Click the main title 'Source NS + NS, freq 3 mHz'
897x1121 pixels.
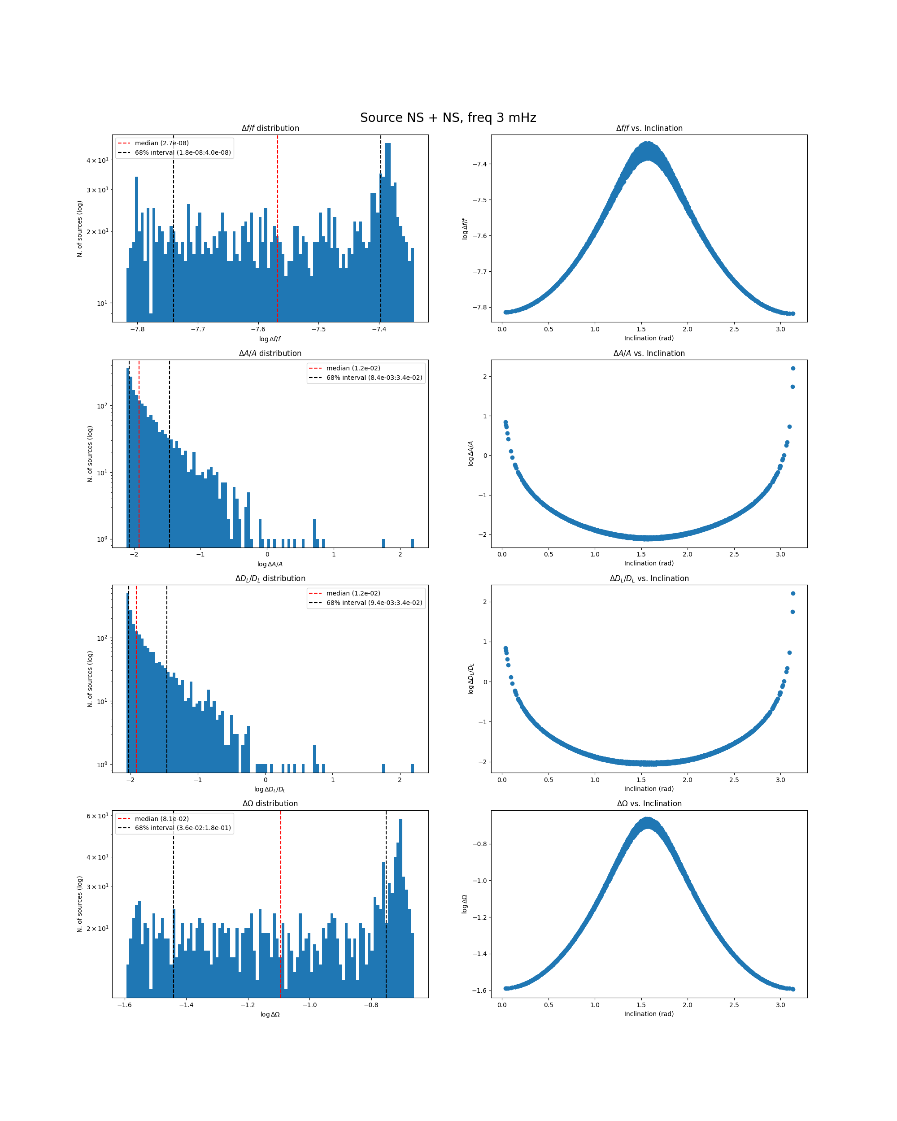pos(448,118)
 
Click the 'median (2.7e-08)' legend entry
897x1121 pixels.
pos(161,143)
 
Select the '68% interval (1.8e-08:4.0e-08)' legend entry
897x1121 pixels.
pos(183,153)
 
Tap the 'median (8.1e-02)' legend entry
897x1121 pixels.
pos(161,818)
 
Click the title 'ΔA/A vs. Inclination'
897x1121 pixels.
pos(649,353)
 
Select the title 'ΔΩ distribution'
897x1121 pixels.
pos(270,804)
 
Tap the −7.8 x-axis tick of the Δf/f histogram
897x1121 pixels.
pos(137,329)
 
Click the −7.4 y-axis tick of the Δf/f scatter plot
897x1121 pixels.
pos(479,164)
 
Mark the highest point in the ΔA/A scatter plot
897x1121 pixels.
pos(792,369)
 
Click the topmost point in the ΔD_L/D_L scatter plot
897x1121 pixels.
pos(792,593)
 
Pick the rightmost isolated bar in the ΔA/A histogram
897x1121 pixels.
pos(412,543)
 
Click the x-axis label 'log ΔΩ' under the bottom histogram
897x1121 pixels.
pos(270,1014)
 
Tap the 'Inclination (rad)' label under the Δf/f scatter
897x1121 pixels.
pos(649,338)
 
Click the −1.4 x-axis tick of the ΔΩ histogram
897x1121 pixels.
pos(186,1004)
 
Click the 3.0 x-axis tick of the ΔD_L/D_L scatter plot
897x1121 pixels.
pos(780,779)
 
